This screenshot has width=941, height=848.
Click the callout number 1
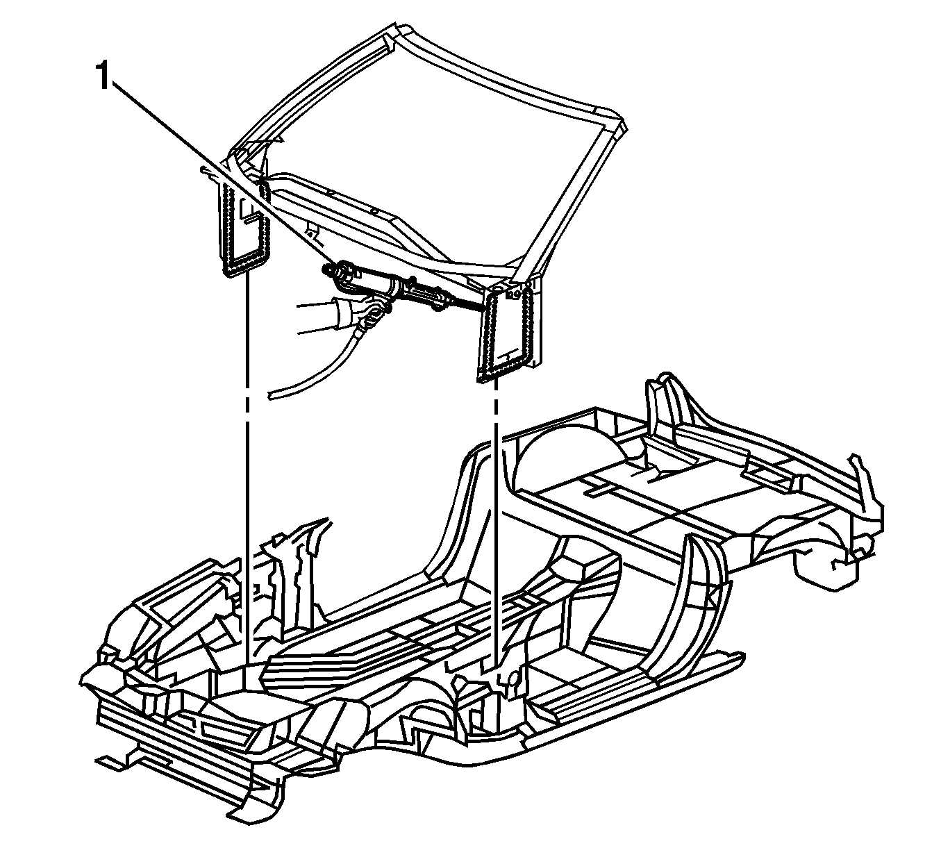(x=102, y=76)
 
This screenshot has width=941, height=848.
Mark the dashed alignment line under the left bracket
(x=247, y=469)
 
